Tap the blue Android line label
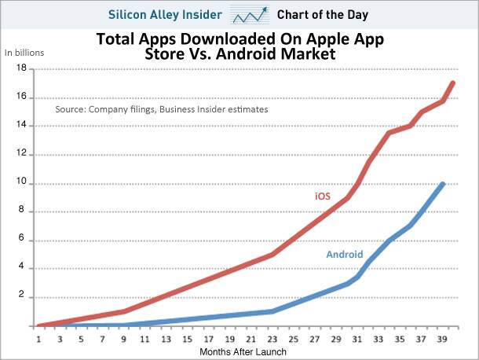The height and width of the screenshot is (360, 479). pos(344,254)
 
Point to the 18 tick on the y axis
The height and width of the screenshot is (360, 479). pos(22,69)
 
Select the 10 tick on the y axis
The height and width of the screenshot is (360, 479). pos(22,183)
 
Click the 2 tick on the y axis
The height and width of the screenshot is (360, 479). pos(24,297)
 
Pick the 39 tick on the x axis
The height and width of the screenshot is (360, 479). pos(443,340)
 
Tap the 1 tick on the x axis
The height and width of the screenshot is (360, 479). pos(38,340)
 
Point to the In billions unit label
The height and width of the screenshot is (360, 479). pos(24,53)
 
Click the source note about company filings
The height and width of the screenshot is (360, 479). pos(161,110)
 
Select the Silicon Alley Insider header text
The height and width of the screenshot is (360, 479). pos(168,14)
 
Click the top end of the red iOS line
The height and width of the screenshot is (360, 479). pos(454,83)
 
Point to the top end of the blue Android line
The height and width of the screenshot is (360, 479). pos(444,184)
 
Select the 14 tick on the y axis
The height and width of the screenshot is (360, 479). pos(22,126)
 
